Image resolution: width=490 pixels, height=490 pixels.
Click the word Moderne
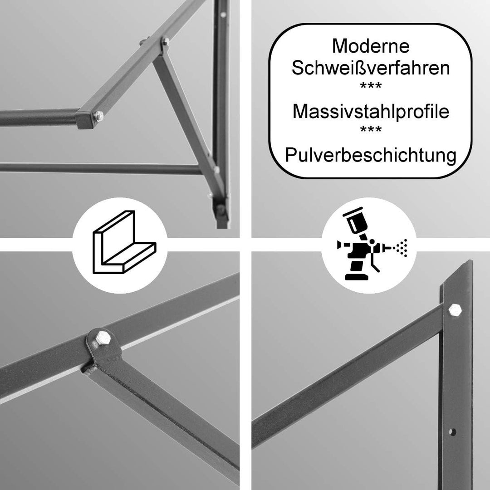point(371,46)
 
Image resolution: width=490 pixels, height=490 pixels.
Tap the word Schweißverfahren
point(371,68)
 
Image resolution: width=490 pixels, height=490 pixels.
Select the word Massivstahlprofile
point(371,111)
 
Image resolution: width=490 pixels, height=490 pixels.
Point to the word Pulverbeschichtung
point(371,155)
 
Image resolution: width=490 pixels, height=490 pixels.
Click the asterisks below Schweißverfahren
point(371,86)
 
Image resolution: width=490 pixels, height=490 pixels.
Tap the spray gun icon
point(372,244)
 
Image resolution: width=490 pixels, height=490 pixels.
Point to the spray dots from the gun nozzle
point(402,248)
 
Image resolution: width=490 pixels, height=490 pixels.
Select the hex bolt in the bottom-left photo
point(102,338)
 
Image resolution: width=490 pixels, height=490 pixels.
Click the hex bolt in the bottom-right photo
point(455,310)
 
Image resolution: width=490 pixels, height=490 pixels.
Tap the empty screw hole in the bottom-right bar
point(452,432)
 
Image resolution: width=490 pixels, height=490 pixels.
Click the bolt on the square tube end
point(99,117)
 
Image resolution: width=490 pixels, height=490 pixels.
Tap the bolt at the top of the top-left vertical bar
point(223,15)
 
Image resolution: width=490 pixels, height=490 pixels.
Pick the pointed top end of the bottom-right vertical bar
point(468,260)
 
